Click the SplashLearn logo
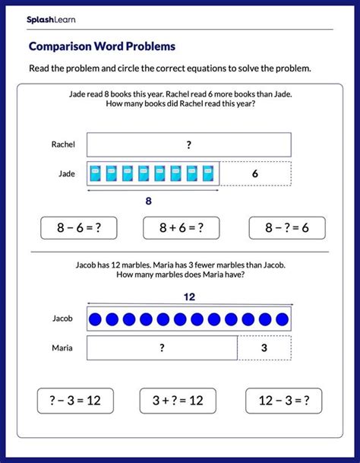click(48, 19)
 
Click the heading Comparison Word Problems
click(102, 46)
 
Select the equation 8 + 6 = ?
click(181, 227)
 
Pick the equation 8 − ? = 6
click(286, 227)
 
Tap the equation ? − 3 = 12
click(74, 401)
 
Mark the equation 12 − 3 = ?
click(283, 401)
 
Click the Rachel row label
click(63, 144)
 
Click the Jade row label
click(68, 173)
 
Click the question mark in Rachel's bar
click(188, 144)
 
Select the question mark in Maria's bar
click(162, 348)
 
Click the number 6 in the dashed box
click(254, 173)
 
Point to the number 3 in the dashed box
click(264, 348)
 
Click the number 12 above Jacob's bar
click(188, 297)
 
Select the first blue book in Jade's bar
click(96, 174)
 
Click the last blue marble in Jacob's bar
click(282, 319)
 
